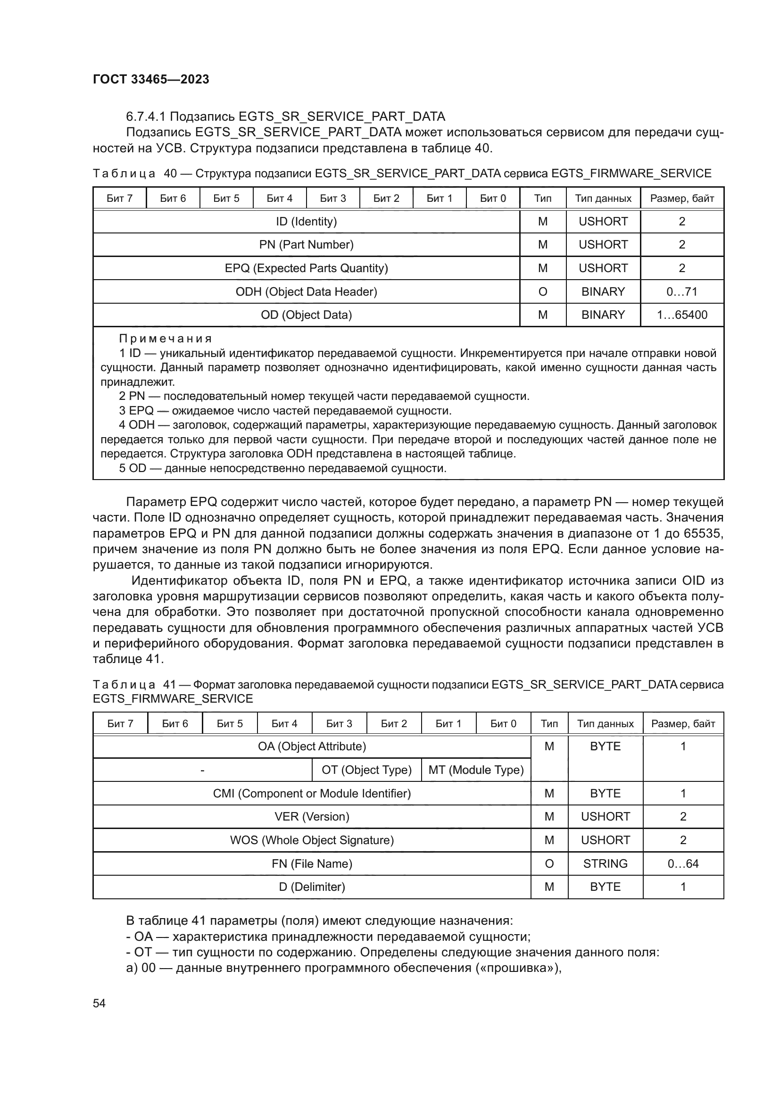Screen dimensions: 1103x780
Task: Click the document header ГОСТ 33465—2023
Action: tap(151, 79)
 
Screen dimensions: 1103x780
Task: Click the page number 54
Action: tap(99, 1003)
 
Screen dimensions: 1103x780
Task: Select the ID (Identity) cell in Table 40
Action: tap(306, 222)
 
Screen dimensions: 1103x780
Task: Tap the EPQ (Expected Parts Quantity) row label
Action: tap(306, 268)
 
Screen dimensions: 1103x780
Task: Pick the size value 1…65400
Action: tap(681, 315)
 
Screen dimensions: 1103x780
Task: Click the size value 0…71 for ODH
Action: tap(681, 291)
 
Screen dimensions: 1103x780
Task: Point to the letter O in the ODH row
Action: tap(542, 291)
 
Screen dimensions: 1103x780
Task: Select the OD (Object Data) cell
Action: tap(306, 315)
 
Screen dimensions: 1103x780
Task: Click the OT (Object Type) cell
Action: tap(366, 770)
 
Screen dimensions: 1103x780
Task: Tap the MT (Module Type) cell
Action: tap(475, 770)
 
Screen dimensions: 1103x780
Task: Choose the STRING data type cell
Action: tap(605, 863)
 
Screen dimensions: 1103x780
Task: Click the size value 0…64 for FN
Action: tap(682, 863)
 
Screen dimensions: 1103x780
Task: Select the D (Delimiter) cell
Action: tap(312, 887)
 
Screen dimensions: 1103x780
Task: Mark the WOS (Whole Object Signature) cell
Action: tap(312, 840)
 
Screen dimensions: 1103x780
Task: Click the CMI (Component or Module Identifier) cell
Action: tap(312, 793)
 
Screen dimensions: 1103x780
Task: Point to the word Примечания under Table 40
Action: tap(165, 339)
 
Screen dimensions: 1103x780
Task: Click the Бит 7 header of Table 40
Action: tap(119, 199)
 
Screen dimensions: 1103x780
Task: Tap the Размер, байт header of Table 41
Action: tap(682, 723)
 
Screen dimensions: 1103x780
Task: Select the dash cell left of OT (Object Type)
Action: tap(202, 770)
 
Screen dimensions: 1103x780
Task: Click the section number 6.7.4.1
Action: tap(146, 116)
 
